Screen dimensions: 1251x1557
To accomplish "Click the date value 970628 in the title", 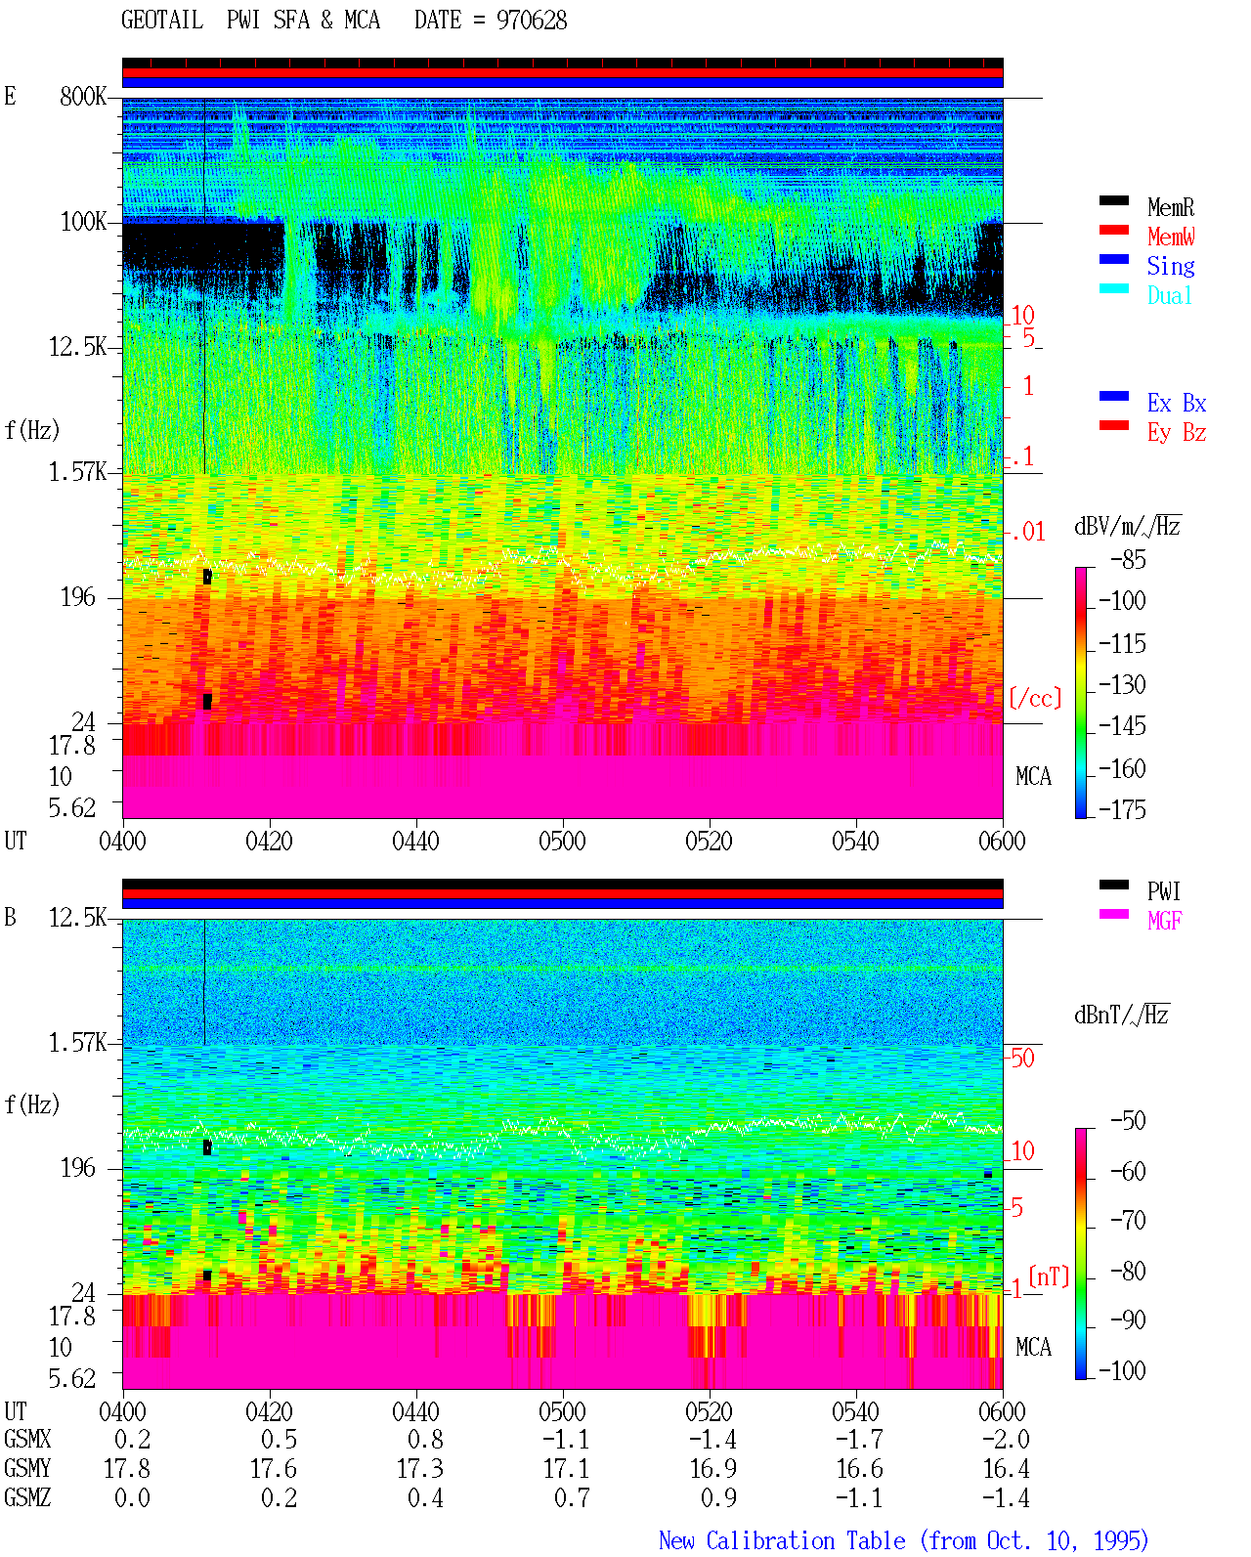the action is [532, 21].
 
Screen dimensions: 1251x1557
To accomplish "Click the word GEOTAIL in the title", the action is [162, 21].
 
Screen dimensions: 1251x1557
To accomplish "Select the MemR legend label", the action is [1171, 207].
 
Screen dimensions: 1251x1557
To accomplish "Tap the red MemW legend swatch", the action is [1113, 230].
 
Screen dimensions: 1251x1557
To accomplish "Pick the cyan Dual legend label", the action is [1170, 295].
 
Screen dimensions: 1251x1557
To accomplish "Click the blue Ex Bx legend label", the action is [1177, 403].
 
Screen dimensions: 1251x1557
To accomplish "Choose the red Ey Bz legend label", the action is [1177, 433].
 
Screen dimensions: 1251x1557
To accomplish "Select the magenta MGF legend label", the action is [1164, 921].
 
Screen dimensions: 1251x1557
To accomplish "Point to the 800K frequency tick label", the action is [83, 96].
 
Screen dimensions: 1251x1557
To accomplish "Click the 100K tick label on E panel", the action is [83, 222].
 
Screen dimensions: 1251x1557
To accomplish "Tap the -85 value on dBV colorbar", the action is [1128, 559].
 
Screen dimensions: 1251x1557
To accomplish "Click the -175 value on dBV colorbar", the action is [1122, 809].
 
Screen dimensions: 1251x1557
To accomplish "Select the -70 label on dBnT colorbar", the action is [1128, 1220].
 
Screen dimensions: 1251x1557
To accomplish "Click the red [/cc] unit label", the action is [1035, 698].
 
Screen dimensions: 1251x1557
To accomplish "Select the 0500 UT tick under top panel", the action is [562, 842].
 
